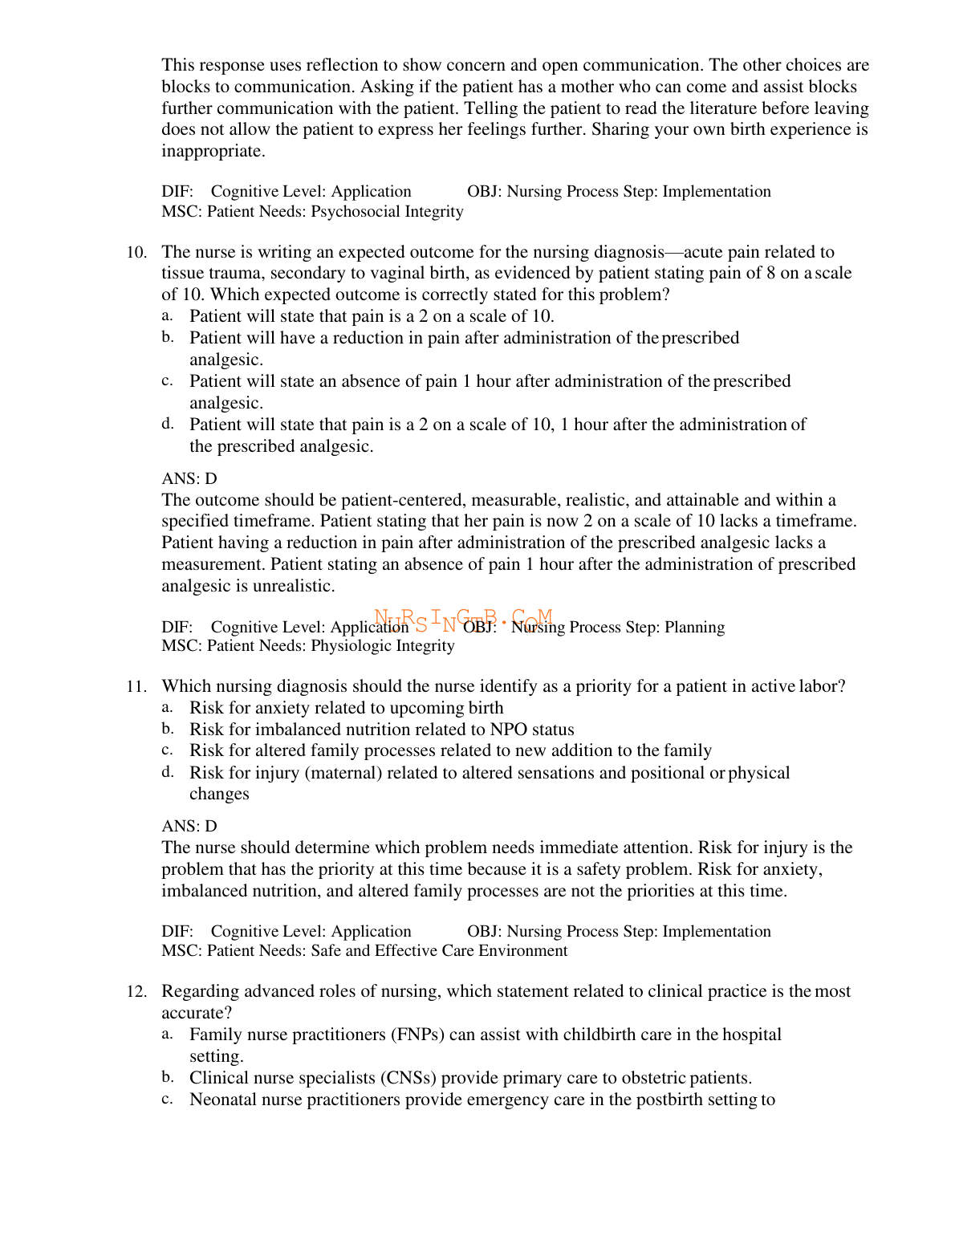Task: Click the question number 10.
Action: point(136,252)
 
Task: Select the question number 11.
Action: point(136,686)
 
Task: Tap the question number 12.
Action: point(136,991)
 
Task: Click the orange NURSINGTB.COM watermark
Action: point(463,619)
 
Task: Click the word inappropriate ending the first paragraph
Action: point(212,151)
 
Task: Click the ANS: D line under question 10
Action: point(189,478)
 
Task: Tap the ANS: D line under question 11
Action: point(189,826)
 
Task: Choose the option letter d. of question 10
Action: point(167,423)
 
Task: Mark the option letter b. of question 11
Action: point(167,729)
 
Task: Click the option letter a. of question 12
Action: point(167,1034)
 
